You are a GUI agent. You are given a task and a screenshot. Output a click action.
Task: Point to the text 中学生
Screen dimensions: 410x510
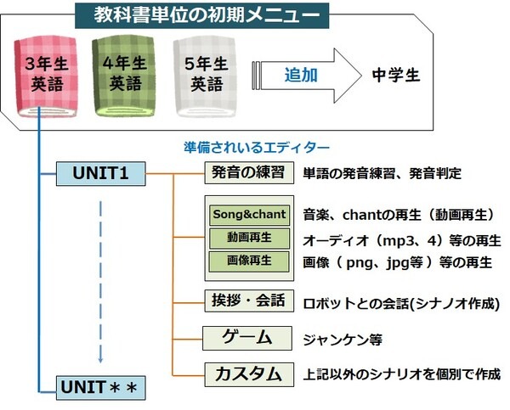pos(396,75)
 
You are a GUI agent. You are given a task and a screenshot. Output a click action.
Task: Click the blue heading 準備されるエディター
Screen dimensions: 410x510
pos(256,147)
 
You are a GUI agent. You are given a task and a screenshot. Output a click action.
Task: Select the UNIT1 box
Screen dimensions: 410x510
pos(101,173)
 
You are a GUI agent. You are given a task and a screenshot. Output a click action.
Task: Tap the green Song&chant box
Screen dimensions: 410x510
pos(249,214)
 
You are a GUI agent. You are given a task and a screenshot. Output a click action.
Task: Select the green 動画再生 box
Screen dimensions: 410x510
pos(249,238)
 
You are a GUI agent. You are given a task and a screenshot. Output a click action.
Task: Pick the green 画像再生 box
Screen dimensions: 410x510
pos(249,261)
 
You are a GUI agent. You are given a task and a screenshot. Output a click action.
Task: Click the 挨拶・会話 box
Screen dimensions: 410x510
pos(247,301)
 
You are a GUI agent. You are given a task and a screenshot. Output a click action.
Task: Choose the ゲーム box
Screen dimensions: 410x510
pos(247,338)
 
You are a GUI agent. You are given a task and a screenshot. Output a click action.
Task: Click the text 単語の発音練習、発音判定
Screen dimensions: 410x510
pos(382,174)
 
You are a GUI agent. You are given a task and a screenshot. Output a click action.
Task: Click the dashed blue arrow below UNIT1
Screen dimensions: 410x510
pos(101,280)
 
